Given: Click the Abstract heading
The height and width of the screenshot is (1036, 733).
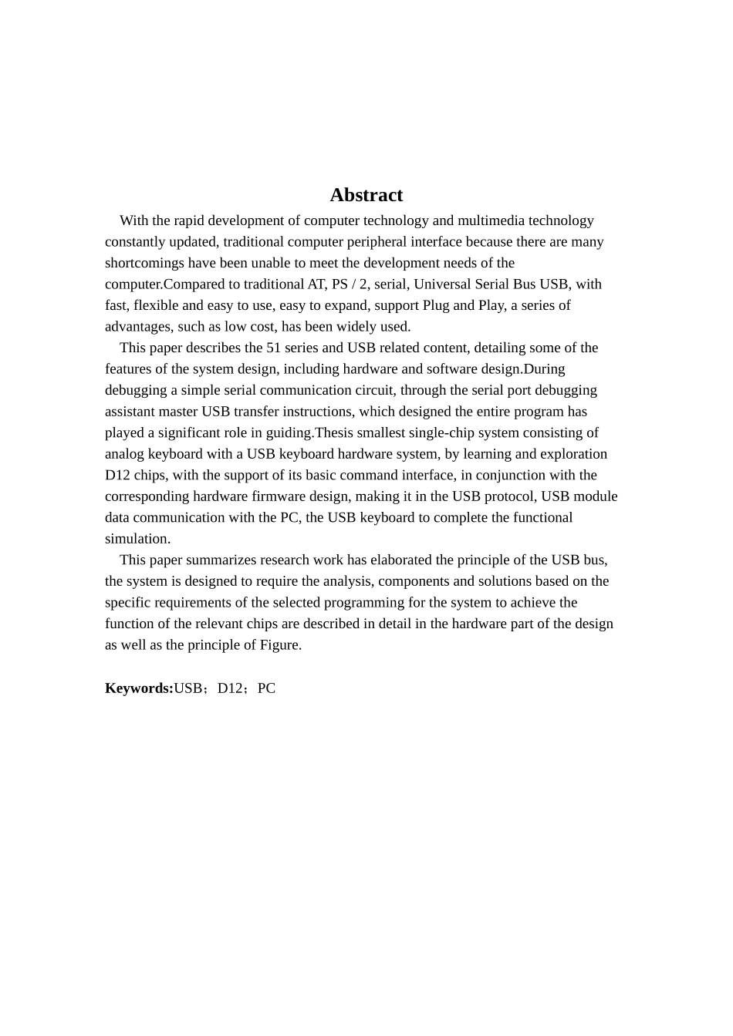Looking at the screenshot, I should point(366,195).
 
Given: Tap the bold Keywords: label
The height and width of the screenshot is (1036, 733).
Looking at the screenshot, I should point(139,688).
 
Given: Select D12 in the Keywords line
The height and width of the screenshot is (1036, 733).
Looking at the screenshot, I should point(230,688).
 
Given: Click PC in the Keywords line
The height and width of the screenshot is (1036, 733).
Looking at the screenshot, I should point(266,688).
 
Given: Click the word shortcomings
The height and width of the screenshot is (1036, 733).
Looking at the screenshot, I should point(144,264).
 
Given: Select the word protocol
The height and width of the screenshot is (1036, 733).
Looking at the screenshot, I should point(509,496).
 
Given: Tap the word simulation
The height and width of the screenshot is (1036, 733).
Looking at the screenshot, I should point(137,539).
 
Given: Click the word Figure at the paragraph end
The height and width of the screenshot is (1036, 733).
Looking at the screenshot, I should point(279,645).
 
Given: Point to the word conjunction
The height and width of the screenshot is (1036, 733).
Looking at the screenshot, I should point(516,476).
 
